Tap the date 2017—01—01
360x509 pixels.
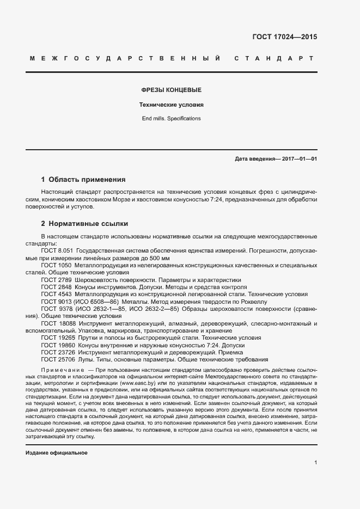click(299, 160)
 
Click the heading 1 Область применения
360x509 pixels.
click(83, 179)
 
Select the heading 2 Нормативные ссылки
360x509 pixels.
click(85, 224)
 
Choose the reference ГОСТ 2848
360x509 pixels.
click(56, 286)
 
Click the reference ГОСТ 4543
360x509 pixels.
click(56, 294)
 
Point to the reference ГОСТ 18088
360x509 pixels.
click(58, 323)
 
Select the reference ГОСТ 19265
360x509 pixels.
click(58, 338)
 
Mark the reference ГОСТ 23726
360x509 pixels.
click(58, 353)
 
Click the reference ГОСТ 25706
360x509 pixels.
click(58, 360)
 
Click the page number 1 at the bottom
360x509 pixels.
click(315, 462)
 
